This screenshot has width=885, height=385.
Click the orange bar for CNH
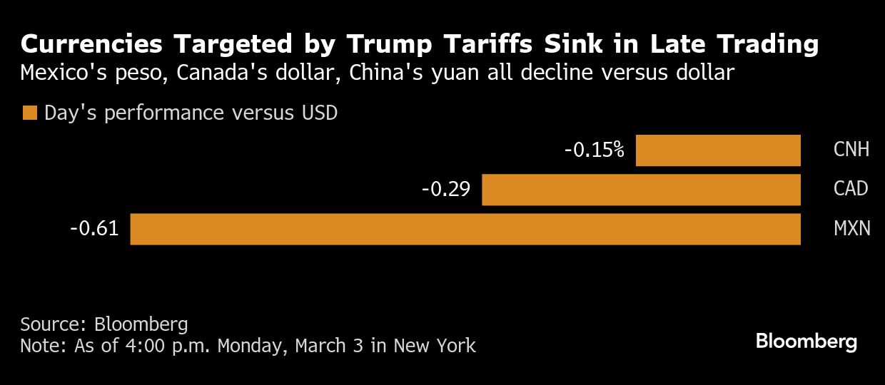(x=718, y=150)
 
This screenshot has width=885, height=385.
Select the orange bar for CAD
(x=641, y=190)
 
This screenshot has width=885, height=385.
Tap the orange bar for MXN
(x=465, y=229)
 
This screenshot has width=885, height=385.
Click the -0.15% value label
(x=594, y=150)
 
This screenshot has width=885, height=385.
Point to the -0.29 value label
(x=445, y=190)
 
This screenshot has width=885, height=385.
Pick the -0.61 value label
(x=94, y=229)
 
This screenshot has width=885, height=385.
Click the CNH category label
(x=851, y=150)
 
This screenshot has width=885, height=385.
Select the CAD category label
(x=851, y=190)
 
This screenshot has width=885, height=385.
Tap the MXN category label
(x=852, y=229)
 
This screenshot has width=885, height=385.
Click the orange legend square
(x=29, y=113)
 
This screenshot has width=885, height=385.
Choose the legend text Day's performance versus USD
(x=191, y=113)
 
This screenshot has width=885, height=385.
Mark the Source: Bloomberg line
(x=104, y=325)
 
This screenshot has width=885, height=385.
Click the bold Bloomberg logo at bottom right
(x=806, y=342)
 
